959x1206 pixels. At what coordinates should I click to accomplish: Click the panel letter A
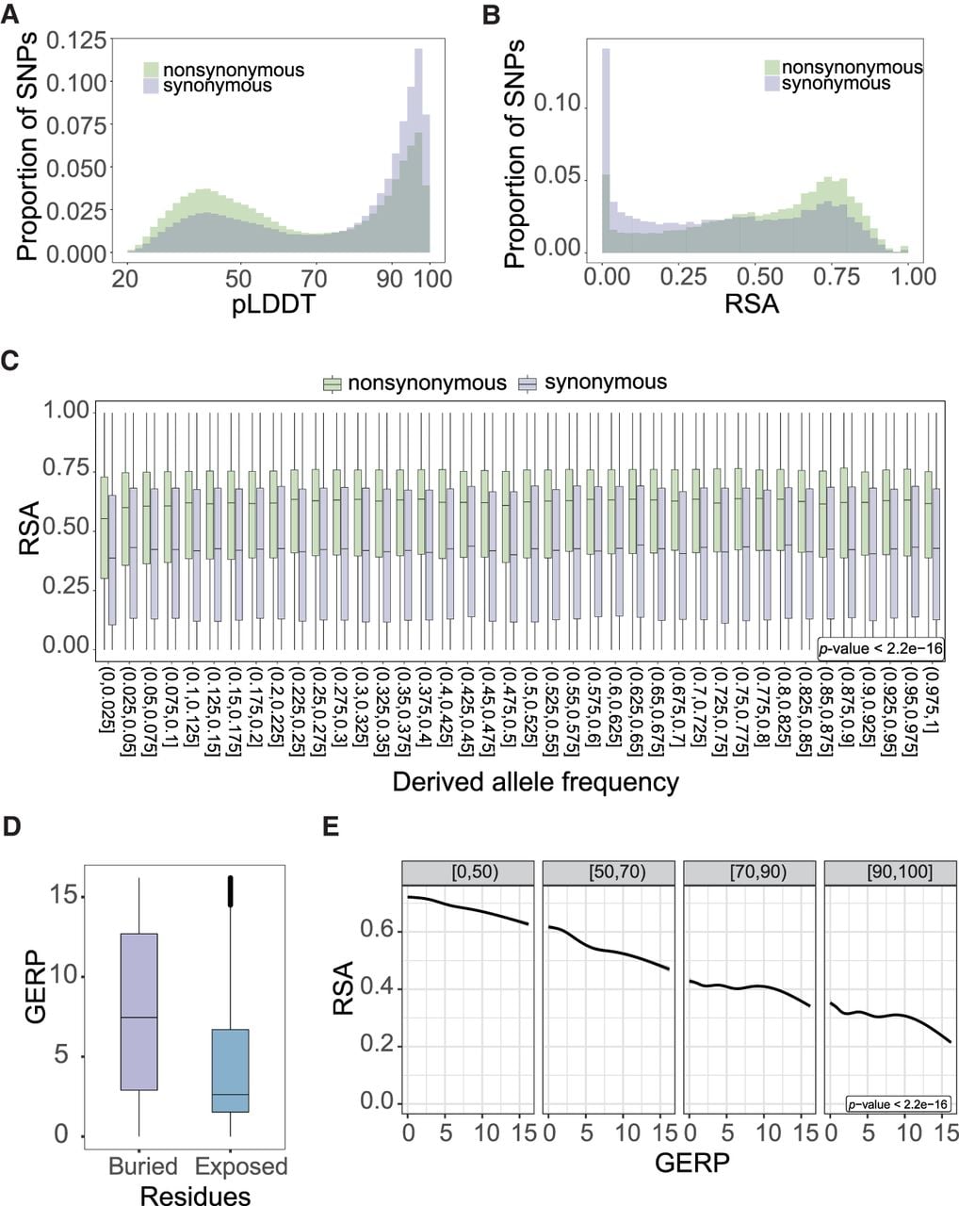point(10,15)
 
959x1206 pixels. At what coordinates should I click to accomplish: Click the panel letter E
point(332,827)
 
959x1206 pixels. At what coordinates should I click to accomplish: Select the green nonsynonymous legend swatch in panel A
point(152,70)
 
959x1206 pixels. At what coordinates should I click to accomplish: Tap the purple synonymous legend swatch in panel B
point(772,84)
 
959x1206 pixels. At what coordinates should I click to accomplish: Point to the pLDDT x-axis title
point(273,304)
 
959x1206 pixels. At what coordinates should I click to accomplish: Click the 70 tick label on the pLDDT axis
point(315,279)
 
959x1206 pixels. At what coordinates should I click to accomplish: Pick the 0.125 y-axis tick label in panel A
point(76,41)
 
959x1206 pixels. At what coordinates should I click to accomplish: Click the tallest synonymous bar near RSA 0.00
point(606,150)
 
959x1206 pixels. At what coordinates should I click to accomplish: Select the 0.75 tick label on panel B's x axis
point(837,277)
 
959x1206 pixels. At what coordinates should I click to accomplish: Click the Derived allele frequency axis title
point(535,782)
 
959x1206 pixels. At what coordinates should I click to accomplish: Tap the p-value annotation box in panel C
point(881,649)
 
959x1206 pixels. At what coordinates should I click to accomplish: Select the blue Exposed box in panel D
point(231,1070)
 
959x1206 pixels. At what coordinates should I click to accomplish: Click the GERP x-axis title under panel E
point(692,1164)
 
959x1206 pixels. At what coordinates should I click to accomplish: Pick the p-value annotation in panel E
point(898,1104)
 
